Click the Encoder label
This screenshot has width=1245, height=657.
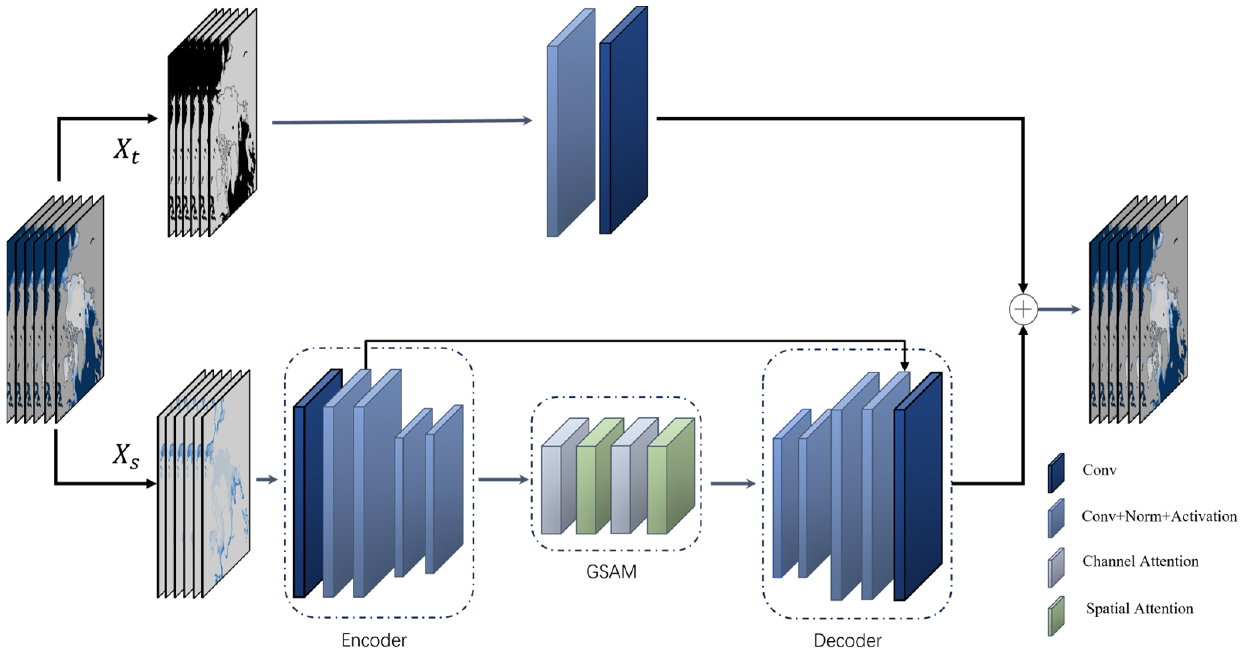click(x=374, y=640)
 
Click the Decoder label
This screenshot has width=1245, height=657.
click(x=847, y=640)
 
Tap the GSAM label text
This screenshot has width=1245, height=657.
click(x=611, y=572)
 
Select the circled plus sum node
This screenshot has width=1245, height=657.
click(x=1023, y=309)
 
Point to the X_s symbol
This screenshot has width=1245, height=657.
click(x=126, y=456)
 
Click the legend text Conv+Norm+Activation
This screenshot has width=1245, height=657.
click(x=1158, y=516)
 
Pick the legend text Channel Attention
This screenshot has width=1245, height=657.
click(x=1140, y=561)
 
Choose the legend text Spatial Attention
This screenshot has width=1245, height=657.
click(x=1139, y=608)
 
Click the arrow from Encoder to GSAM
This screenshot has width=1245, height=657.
click(x=503, y=480)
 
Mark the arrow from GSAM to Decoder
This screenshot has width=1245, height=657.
click(x=732, y=483)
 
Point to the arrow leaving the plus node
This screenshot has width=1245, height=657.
click(x=1058, y=309)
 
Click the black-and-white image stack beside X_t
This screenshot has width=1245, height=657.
click(x=213, y=126)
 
